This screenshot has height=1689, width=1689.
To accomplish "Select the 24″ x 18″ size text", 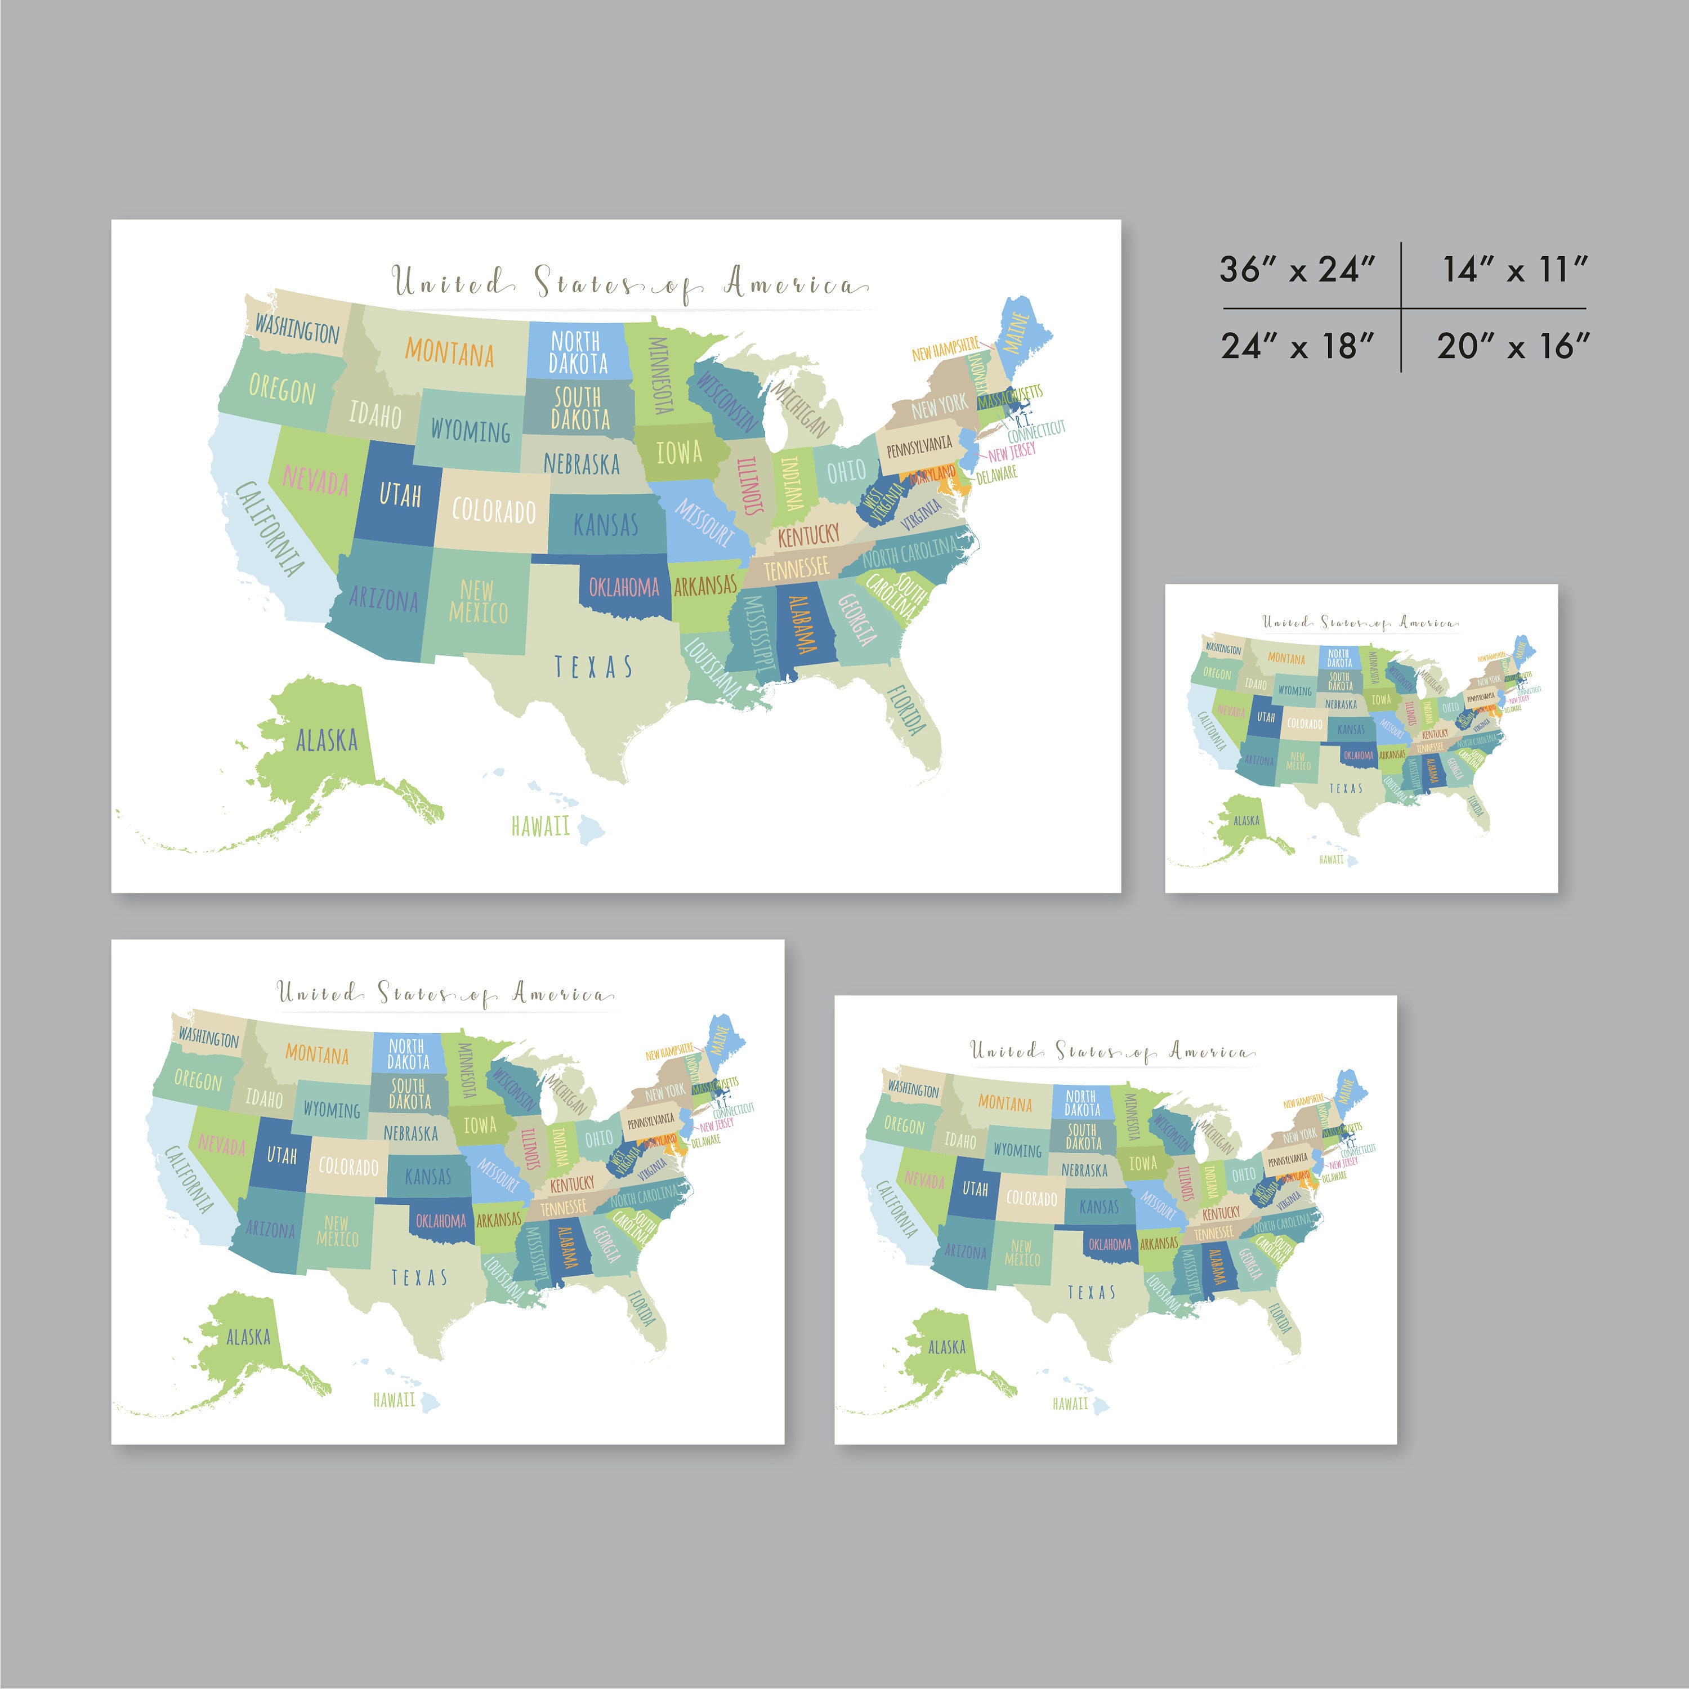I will coord(1297,346).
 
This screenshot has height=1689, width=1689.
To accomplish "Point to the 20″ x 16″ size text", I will coord(1512,346).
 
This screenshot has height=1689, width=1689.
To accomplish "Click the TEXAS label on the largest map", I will coord(593,667).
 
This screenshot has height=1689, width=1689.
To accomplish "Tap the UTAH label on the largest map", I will coord(400,495).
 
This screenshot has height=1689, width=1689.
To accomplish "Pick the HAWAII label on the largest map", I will coord(540,826).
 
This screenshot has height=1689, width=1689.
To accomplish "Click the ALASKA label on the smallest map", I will coord(1246,820).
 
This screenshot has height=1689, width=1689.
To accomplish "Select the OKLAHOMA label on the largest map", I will coord(623,587).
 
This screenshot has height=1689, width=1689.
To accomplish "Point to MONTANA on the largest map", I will coord(449,352).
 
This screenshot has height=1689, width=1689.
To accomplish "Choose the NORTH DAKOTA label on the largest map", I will coord(577,351).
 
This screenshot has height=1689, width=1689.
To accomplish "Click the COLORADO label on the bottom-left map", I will coord(348,1166).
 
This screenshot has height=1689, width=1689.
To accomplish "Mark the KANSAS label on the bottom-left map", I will coord(427,1177).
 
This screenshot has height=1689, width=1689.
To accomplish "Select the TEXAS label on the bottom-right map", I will coord(1091,1292).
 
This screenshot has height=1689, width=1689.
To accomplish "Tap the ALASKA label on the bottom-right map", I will coord(947,1347).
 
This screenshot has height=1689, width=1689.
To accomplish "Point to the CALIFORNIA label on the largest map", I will coord(270,528).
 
